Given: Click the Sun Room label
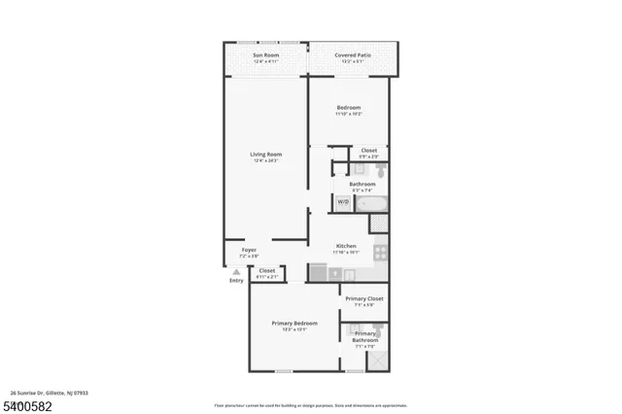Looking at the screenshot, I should click(265, 54).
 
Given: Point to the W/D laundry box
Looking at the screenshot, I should click(342, 202).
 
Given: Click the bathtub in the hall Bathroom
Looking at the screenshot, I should click(370, 203).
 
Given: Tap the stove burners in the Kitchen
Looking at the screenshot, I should click(380, 253).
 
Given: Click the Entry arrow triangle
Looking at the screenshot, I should click(236, 272).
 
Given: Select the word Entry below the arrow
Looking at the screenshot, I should click(236, 281).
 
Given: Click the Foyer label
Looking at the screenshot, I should click(249, 250).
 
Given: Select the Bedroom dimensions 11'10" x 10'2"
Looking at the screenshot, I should click(348, 114).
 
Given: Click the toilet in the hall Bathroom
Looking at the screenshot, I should click(381, 169).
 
